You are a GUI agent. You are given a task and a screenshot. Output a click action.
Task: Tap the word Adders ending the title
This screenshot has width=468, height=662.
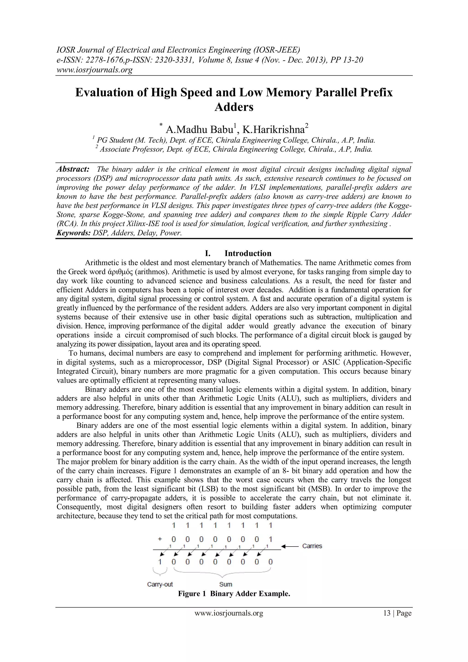[x=234, y=107]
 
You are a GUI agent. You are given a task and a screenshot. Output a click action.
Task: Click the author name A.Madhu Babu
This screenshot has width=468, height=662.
[x=201, y=129]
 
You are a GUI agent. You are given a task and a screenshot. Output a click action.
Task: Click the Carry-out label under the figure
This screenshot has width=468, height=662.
[x=160, y=584]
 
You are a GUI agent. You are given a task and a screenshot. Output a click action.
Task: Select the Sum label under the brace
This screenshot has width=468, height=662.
[x=225, y=584]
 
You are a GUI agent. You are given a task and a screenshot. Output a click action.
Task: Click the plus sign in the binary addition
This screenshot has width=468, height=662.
[x=160, y=539]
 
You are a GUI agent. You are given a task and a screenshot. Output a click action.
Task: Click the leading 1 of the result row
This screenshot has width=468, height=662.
[x=160, y=562]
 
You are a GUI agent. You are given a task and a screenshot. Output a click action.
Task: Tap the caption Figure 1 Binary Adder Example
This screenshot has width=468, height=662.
[x=234, y=594]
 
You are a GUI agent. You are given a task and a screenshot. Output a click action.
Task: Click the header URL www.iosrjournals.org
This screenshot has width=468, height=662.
[x=94, y=70]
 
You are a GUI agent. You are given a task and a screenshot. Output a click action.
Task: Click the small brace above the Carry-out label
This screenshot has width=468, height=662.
[x=160, y=571]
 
